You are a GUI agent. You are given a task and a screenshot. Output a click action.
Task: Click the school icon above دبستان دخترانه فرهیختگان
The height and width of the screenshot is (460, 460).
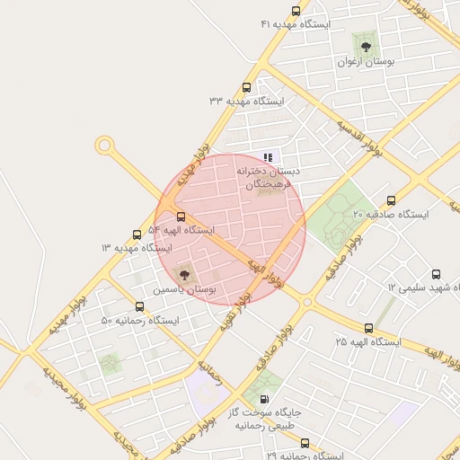point(268,157)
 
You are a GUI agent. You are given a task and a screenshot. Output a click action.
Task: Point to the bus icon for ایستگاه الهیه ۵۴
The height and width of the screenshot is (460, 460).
point(181,217)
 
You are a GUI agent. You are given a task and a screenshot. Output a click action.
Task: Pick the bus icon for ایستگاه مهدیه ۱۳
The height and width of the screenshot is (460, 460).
point(137,234)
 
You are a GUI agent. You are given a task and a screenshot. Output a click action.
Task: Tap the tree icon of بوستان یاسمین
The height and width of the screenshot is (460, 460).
point(184,274)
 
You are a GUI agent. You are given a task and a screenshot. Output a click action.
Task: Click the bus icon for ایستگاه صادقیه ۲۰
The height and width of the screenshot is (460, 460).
point(389,200)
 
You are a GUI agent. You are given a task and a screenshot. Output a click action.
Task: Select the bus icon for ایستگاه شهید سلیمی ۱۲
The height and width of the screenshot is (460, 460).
point(437,274)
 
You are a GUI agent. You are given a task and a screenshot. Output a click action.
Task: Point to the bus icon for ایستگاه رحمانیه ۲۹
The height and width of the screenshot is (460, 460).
point(305,443)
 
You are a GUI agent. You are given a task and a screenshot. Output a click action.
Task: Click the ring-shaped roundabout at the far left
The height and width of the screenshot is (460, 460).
point(105,144)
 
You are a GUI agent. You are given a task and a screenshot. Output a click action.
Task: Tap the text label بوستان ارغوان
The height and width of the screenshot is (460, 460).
point(367,61)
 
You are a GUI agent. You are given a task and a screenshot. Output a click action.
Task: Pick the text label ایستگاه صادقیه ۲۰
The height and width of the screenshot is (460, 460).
point(391,216)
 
